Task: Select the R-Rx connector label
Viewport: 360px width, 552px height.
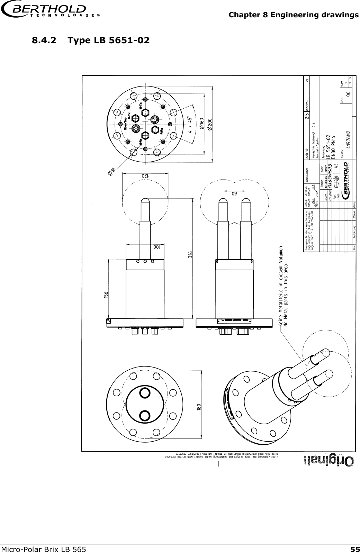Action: [161, 131]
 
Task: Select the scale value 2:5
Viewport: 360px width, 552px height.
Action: [307, 118]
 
